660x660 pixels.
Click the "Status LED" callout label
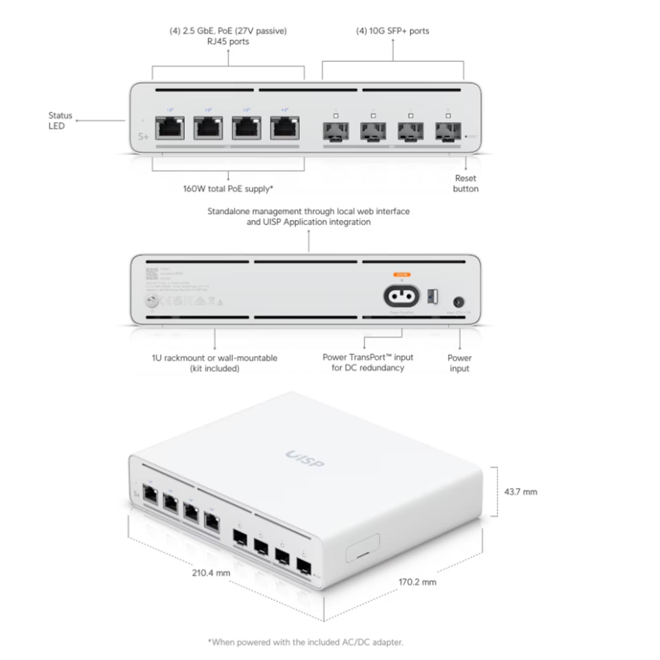(60, 120)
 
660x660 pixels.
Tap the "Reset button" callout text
(465, 183)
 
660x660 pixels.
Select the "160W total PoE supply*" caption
(228, 189)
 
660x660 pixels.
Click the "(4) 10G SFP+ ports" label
(392, 31)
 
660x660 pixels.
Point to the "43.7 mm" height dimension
(520, 492)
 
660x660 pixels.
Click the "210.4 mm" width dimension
(211, 573)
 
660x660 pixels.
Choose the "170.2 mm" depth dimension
(417, 582)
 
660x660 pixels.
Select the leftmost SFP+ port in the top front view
(335, 131)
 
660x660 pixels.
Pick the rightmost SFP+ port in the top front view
(448, 131)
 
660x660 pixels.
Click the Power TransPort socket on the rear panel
(401, 296)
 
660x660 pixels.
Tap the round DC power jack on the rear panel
(458, 302)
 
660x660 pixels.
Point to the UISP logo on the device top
(305, 459)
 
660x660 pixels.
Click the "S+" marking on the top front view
(143, 136)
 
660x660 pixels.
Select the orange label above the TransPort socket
(401, 274)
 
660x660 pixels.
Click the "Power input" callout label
(459, 363)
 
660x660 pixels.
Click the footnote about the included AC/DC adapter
(305, 642)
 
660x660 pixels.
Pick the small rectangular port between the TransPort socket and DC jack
(432, 296)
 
